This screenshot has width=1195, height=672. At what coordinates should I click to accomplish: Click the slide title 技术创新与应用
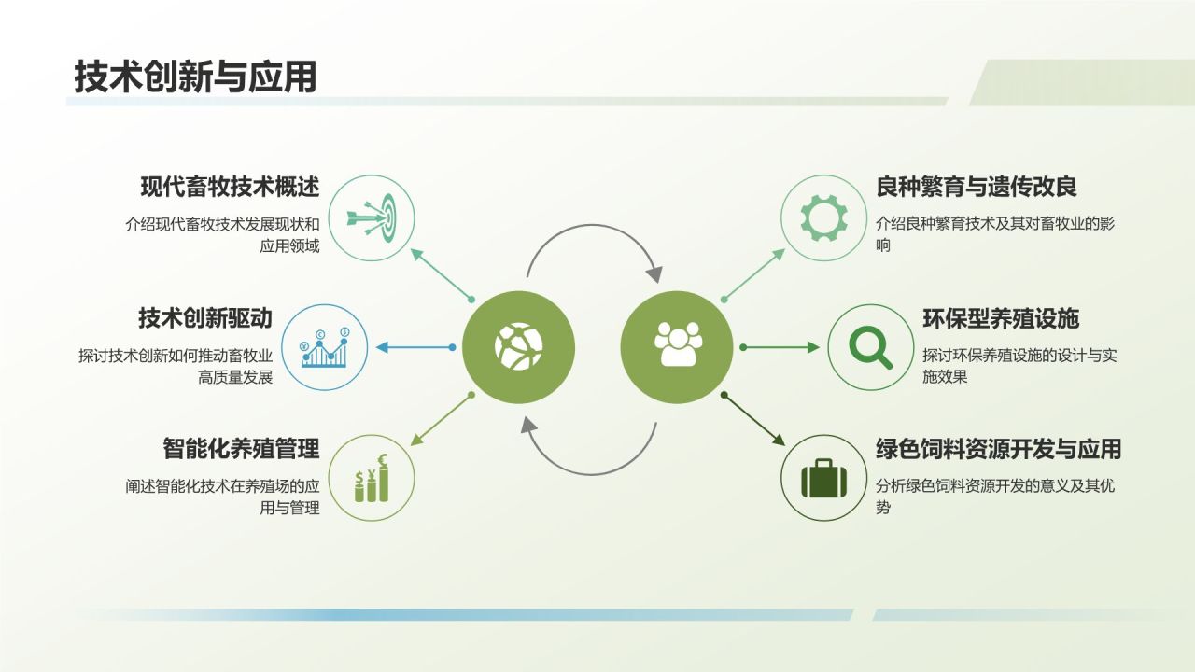click(x=195, y=77)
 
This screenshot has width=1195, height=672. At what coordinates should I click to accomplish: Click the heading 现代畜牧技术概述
click(x=230, y=187)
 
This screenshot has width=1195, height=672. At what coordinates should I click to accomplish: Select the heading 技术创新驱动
click(x=204, y=317)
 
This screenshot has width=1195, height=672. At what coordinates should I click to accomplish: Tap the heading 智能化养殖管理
click(x=241, y=449)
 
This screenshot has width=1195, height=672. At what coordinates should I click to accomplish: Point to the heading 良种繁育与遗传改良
click(x=977, y=187)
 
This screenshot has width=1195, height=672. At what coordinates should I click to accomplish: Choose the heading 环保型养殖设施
click(x=1001, y=318)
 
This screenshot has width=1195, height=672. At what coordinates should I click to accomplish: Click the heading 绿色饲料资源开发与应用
click(x=998, y=449)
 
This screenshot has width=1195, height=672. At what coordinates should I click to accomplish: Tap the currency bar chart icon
click(x=373, y=478)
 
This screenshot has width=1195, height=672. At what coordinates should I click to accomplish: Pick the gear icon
click(x=822, y=217)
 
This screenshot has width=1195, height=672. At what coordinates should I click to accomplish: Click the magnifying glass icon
click(x=870, y=348)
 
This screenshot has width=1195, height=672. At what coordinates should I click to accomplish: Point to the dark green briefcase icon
click(x=822, y=478)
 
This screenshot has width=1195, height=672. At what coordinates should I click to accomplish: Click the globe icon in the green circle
click(x=518, y=347)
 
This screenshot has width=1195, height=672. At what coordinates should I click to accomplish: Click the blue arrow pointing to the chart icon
click(x=414, y=348)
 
